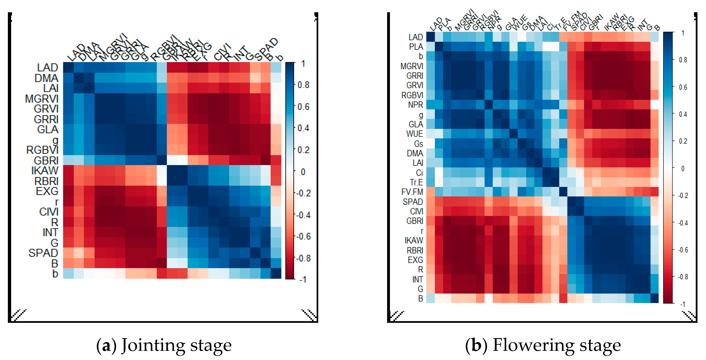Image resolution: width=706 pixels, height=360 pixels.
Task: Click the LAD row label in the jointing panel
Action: pos(47,67)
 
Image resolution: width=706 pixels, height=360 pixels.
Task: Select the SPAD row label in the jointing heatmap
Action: pos(43,253)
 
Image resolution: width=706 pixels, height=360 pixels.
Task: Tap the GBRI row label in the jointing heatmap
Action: pos(46,160)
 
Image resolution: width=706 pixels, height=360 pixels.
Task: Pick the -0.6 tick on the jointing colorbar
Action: pos(303,236)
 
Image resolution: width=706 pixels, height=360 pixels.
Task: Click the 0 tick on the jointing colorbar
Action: pos(303,172)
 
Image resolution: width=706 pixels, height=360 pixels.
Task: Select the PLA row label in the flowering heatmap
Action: pos(416,47)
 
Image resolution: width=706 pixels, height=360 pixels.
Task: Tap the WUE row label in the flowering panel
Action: pos(415,134)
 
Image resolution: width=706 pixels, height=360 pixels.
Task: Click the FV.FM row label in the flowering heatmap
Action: pos(412,192)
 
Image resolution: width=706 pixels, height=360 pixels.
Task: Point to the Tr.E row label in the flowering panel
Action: pos(416,182)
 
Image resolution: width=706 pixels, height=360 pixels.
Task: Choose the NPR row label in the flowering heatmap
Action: pos(416,105)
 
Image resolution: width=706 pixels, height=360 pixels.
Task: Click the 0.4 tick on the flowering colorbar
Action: pos(683,114)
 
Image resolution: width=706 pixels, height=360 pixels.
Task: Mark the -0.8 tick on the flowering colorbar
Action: pos(682,277)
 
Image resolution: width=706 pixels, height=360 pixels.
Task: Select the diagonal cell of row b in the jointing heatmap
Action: pos(276,274)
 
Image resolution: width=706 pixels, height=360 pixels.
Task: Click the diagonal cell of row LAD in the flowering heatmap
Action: pos(430,37)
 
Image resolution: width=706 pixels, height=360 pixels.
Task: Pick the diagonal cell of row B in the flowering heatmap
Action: pos(654,298)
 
